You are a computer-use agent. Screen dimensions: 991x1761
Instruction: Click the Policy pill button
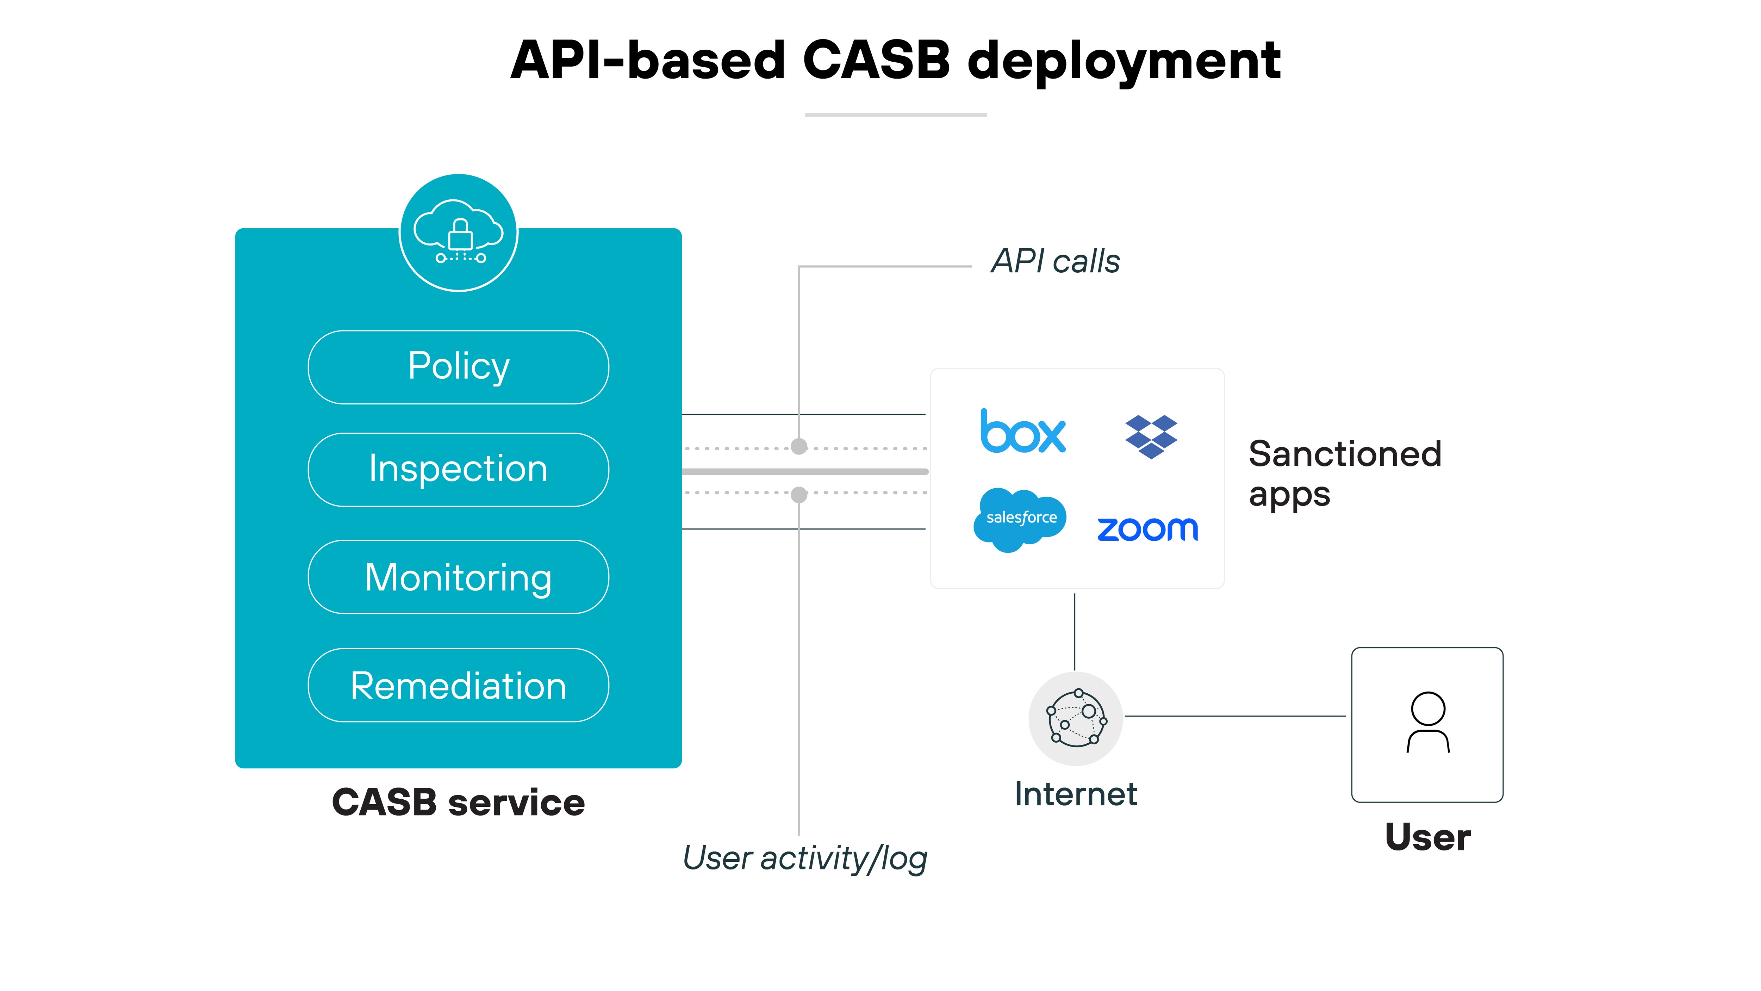coord(458,367)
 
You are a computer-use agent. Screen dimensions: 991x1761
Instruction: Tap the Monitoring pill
coord(458,577)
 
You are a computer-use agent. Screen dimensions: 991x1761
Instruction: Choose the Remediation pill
coord(458,685)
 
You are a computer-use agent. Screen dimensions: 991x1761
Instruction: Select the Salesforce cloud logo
coord(1020,519)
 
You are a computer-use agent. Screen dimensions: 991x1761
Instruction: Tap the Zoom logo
coord(1148,529)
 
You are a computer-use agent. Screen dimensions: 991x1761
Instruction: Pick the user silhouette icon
coord(1427,723)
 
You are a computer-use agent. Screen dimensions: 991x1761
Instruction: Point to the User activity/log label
coord(805,858)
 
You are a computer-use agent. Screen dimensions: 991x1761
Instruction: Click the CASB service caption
coord(458,802)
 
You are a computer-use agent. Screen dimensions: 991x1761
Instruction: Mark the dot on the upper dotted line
coord(798,447)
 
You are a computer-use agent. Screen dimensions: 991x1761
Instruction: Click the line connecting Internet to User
coord(1234,716)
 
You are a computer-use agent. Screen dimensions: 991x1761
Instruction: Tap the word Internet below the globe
coord(1075,794)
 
